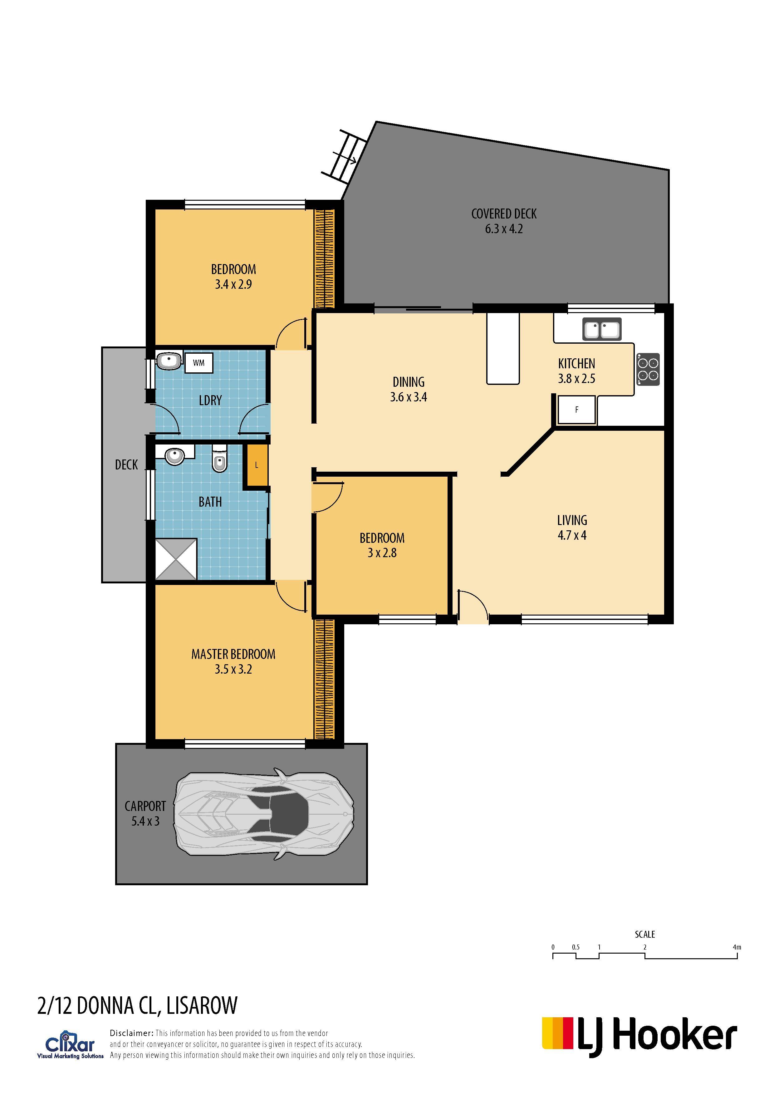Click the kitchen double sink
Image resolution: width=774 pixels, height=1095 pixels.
(x=602, y=329)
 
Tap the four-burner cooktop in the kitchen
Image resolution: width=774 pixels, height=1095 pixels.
(x=649, y=370)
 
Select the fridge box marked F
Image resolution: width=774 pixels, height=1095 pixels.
(x=576, y=410)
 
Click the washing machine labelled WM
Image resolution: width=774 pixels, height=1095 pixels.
(x=198, y=363)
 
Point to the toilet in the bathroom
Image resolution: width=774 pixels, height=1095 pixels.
(x=219, y=458)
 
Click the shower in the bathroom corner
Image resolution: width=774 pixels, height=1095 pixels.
(x=176, y=559)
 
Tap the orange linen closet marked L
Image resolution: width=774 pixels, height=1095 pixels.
(x=257, y=465)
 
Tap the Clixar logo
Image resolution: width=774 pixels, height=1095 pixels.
(x=70, y=1046)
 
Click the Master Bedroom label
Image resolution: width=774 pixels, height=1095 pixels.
(x=233, y=654)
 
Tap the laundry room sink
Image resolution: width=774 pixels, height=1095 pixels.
(x=169, y=361)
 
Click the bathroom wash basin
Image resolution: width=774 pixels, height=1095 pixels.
(x=174, y=456)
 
